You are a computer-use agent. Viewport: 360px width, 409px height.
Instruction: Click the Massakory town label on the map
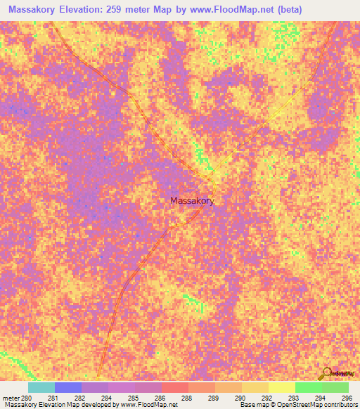pyautogui.click(x=192, y=200)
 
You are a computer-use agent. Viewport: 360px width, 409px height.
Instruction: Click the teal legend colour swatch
pyautogui.click(x=41, y=387)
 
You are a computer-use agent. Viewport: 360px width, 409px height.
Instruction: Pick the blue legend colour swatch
pyautogui.click(x=67, y=387)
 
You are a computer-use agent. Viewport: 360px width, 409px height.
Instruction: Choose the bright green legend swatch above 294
pyautogui.click(x=308, y=387)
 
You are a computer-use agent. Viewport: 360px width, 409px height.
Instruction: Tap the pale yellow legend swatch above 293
pyautogui.click(x=281, y=387)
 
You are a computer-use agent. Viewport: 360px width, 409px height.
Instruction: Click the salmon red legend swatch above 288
pyautogui.click(x=174, y=387)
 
